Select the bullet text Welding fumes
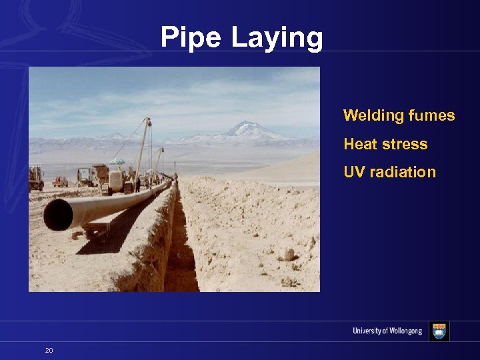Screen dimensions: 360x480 399,115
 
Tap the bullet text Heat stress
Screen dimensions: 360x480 385,144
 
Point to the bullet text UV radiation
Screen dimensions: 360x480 389,172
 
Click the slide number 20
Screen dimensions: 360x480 49,350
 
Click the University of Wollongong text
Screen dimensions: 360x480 387,331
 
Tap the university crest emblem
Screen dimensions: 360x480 439,331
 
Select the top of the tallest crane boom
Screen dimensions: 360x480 148,121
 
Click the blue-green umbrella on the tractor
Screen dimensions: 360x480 117,161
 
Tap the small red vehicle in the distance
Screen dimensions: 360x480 61,181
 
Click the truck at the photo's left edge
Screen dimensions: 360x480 35,178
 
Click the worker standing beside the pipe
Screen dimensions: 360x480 138,184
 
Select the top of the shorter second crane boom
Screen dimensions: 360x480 161,151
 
